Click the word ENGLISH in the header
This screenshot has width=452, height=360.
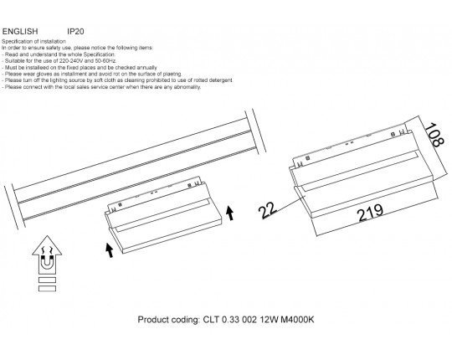pyautogui.click(x=20, y=32)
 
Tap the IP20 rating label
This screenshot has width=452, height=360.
pyautogui.click(x=75, y=32)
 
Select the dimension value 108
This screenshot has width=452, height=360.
pyautogui.click(x=434, y=135)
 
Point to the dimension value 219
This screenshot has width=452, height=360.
pyautogui.click(x=370, y=213)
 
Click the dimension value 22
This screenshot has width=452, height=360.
pyautogui.click(x=268, y=210)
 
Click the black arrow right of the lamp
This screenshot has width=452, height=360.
pyautogui.click(x=229, y=213)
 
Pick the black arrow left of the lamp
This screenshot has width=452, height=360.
pyautogui.click(x=110, y=250)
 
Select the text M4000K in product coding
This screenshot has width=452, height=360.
pyautogui.click(x=297, y=320)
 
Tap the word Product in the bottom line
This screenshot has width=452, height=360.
pyautogui.click(x=153, y=320)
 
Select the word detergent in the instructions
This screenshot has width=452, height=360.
pyautogui.click(x=221, y=80)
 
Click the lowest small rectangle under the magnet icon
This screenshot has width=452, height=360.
pyautogui.click(x=47, y=289)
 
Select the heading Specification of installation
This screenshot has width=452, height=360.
pyautogui.click(x=33, y=41)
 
